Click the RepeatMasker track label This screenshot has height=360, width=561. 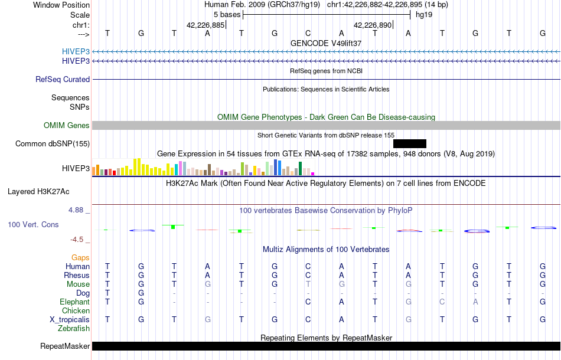click(65, 346)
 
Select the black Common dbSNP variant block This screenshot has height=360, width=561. click(409, 143)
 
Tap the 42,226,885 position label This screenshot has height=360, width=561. click(206, 25)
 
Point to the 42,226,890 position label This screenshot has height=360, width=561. click(373, 25)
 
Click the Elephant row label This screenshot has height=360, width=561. click(74, 302)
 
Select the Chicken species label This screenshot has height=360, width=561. click(76, 310)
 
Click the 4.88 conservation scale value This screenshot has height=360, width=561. click(77, 210)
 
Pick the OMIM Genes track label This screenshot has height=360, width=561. click(67, 125)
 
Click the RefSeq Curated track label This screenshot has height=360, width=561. click(63, 79)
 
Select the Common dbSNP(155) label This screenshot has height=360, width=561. click(53, 143)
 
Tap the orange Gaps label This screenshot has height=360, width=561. click(80, 257)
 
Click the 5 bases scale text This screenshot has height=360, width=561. click(227, 14)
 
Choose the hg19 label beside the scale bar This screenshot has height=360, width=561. click(424, 14)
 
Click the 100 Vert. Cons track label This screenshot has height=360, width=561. click(33, 225)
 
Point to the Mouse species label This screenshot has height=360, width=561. click(78, 284)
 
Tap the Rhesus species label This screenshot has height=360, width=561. click(77, 275)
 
